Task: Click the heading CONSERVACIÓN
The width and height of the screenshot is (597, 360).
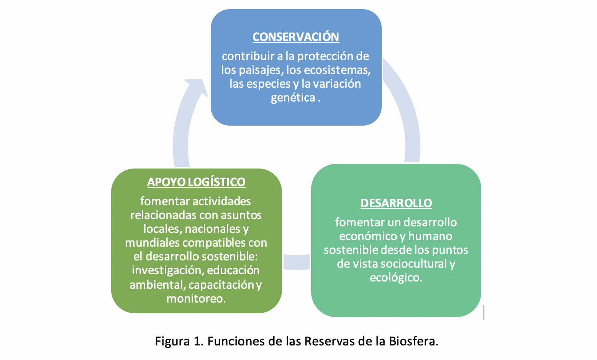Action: tap(296, 37)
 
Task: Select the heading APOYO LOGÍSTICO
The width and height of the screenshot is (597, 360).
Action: tap(196, 182)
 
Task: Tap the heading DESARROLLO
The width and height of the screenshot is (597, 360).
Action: tap(396, 203)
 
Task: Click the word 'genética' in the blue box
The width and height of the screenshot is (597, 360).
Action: tap(293, 98)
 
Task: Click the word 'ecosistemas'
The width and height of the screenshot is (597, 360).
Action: tap(337, 70)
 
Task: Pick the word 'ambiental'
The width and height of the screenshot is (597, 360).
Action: tap(157, 285)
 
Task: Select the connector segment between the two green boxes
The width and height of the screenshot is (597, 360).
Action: tap(296, 262)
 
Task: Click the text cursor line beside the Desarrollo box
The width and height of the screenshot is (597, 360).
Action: tap(484, 312)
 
